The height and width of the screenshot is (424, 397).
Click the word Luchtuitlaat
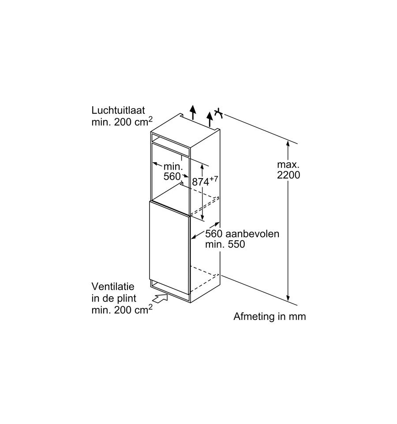(x=118, y=110)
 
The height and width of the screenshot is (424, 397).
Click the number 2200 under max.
(x=288, y=175)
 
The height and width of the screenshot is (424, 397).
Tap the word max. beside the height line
(x=288, y=164)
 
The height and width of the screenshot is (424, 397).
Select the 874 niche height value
(x=201, y=182)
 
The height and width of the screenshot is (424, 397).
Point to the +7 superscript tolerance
(x=214, y=179)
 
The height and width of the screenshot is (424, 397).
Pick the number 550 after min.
(x=236, y=244)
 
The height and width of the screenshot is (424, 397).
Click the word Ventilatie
(x=113, y=286)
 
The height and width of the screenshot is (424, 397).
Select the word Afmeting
(x=254, y=316)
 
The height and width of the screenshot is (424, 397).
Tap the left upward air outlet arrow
(x=192, y=112)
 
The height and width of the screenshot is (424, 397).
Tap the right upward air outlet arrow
(x=210, y=119)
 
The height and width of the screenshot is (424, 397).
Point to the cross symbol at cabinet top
(x=219, y=113)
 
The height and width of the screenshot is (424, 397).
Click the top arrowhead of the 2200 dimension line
(x=288, y=144)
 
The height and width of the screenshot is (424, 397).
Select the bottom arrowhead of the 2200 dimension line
(x=288, y=298)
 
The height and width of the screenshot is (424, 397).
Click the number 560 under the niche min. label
(x=172, y=176)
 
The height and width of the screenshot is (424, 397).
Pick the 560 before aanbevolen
(x=214, y=234)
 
